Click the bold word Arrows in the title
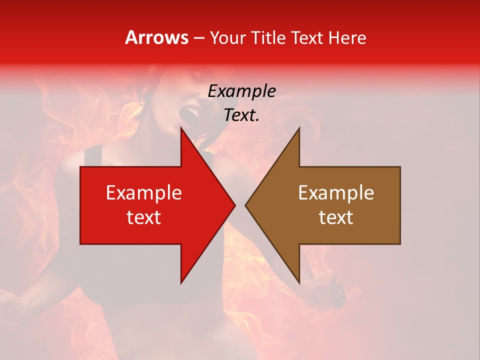[x=157, y=37]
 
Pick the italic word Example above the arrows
[x=241, y=91]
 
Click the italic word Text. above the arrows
[x=241, y=115]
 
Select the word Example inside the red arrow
[x=143, y=193]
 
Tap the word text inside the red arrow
[x=143, y=217]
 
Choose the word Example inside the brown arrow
[x=336, y=193]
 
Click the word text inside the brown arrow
[x=336, y=217]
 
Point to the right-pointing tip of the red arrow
[x=235, y=205]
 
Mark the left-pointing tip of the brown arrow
[x=245, y=205]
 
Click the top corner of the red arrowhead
[x=181, y=128]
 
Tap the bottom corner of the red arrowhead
[x=181, y=283]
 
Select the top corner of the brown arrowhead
[x=299, y=128]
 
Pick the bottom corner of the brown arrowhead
[x=299, y=283]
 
